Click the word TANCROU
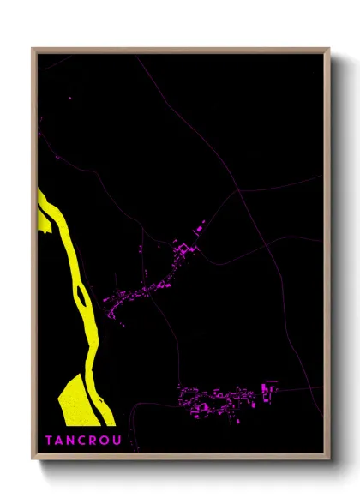tap(84, 441)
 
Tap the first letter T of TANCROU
tap(49, 441)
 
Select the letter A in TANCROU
tap(60, 441)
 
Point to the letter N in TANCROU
tap(72, 441)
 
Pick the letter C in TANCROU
tap(84, 441)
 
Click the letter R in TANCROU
tap(95, 441)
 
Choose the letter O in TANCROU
tap(107, 441)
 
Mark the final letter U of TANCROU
tap(119, 441)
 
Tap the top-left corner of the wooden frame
tap(33, 49)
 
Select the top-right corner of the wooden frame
tap(330, 49)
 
